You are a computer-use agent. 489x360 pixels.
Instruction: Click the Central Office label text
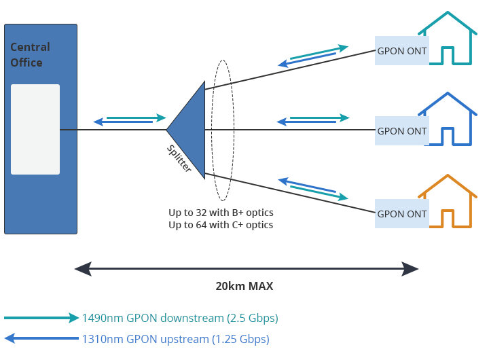click(x=30, y=55)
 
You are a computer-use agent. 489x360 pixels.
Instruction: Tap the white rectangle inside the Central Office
click(x=35, y=130)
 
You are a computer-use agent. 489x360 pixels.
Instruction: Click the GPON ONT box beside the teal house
click(x=402, y=51)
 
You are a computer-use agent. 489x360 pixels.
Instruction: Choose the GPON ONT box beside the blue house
click(x=402, y=131)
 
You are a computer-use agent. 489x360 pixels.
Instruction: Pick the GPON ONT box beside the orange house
click(x=402, y=214)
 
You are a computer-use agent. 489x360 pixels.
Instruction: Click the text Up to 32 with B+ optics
click(x=221, y=212)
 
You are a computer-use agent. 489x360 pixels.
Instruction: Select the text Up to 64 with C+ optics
click(x=221, y=224)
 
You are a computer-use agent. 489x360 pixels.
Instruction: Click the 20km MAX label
click(x=244, y=287)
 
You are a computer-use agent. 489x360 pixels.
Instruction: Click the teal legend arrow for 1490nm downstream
click(x=41, y=317)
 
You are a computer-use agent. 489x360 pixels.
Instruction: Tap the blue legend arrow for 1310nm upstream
click(x=41, y=338)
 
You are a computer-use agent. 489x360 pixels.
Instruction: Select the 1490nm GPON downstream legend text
click(x=180, y=318)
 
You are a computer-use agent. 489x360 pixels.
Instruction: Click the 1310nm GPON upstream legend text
click(x=175, y=339)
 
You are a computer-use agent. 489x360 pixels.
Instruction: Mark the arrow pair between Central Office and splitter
click(x=130, y=120)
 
